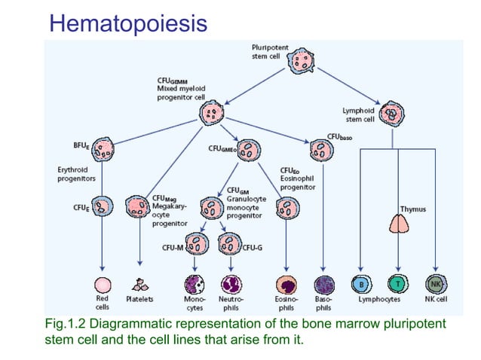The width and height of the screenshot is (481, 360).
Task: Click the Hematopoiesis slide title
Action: [x=127, y=23]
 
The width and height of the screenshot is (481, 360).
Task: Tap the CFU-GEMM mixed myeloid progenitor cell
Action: [x=212, y=114]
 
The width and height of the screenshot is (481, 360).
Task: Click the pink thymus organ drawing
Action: [x=397, y=224]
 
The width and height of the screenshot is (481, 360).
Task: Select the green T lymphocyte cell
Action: [x=397, y=285]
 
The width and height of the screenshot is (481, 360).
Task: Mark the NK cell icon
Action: [x=435, y=285]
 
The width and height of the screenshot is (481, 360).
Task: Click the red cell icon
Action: [x=103, y=285]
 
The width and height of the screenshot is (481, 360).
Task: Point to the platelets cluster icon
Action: [x=139, y=285]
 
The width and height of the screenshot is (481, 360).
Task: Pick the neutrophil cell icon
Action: [x=230, y=285]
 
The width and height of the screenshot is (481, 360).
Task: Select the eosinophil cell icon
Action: [x=287, y=285]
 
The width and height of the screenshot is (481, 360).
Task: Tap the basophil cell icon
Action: [x=323, y=285]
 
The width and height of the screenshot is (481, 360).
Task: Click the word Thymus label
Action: [x=411, y=207]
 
